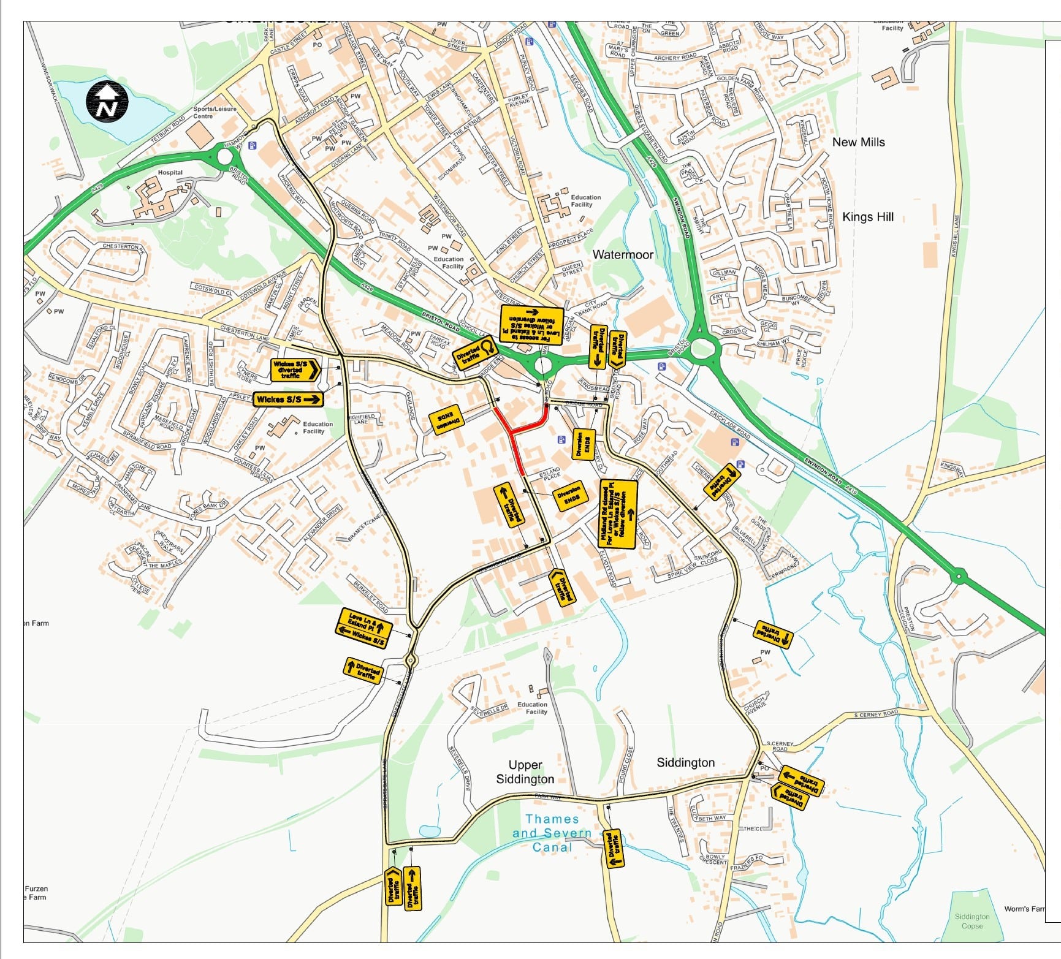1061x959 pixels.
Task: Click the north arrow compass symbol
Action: [107, 101]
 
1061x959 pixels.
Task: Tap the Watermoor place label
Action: [622, 255]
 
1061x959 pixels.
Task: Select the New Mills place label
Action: [858, 142]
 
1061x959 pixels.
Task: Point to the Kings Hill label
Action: [867, 217]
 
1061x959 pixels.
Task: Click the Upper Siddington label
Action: [525, 772]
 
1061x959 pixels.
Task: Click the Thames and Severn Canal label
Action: [552, 833]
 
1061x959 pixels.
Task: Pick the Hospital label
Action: [170, 173]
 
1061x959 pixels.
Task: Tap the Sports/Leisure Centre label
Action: [214, 113]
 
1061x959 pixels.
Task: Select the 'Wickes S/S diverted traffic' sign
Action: [295, 370]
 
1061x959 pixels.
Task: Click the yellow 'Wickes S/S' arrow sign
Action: [287, 400]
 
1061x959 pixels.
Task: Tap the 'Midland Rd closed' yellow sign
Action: [617, 514]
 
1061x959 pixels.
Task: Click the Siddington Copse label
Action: [972, 921]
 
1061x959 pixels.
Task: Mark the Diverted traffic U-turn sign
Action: [476, 354]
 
